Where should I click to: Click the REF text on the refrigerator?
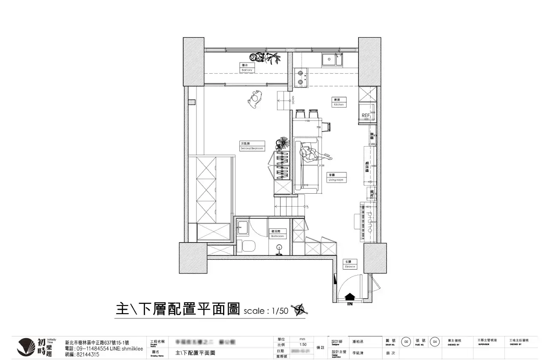pyautogui.click(x=365, y=115)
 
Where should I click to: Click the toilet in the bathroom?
pyautogui.click(x=248, y=246)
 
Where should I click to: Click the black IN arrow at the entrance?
pyautogui.click(x=350, y=297)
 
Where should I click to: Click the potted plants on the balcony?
pyautogui.click(x=265, y=58)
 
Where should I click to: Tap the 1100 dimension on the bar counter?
pyautogui.click(x=307, y=121)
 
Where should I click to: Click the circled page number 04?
pyautogui.click(x=435, y=342)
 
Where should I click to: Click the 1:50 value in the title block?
pyautogui.click(x=303, y=344)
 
